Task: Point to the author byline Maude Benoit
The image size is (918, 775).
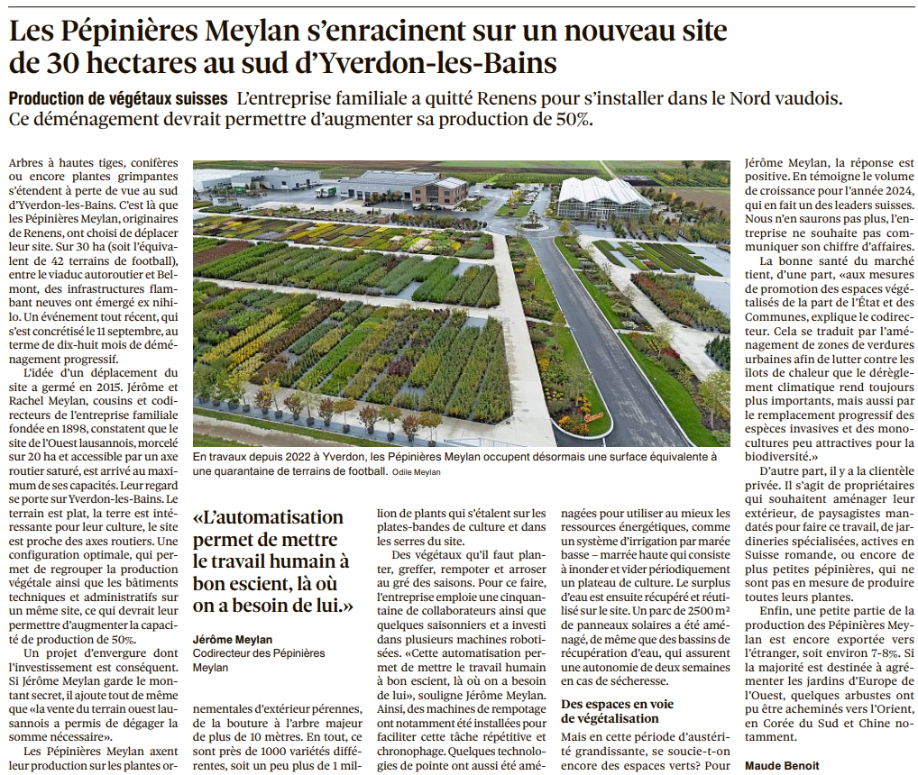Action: click(x=783, y=765)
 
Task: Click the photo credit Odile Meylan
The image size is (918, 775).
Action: click(x=416, y=471)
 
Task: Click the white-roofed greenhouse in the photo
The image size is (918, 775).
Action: click(x=604, y=195)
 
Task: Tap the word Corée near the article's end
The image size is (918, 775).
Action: click(x=790, y=723)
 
